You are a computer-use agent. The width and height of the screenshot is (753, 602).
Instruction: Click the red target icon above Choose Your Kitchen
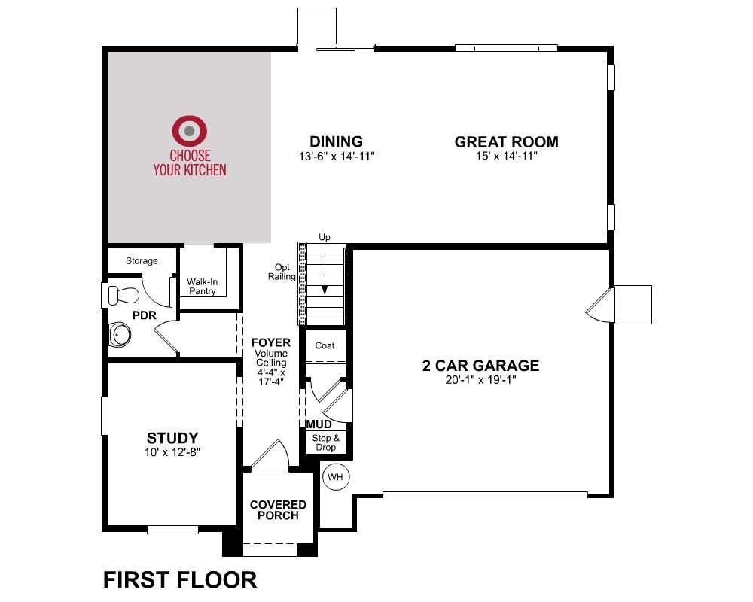pos(190,131)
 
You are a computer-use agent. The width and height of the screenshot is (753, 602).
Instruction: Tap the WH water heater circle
pos(335,477)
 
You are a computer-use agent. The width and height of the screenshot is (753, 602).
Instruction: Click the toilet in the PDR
pos(123,295)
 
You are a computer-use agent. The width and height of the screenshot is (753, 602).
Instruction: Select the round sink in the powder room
pos(120,335)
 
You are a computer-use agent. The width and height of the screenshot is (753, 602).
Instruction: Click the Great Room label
pos(506,142)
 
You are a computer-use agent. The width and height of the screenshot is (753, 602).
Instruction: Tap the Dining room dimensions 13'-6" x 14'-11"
pos(336,156)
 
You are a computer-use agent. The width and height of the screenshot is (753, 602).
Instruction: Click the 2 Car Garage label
pos(480,366)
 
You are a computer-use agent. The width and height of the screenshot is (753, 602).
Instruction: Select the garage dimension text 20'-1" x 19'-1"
pos(480,380)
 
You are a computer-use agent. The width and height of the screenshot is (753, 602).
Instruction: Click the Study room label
pos(172,438)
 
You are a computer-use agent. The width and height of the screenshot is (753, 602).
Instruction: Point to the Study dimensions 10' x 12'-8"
pos(172,452)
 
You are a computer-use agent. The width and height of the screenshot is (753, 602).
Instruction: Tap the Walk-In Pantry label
pos(202,287)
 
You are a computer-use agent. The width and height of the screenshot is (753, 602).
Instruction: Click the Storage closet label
pos(142,260)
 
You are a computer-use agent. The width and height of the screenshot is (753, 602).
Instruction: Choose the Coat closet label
pos(325,345)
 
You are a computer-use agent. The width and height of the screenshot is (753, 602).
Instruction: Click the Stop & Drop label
pos(325,442)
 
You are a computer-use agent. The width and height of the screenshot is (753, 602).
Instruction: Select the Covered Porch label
pos(278,510)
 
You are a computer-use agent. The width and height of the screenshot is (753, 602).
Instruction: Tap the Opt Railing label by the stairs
pos(282,272)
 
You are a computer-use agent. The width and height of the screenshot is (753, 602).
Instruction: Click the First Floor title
pos(180,580)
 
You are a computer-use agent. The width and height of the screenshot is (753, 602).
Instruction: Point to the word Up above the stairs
pos(325,237)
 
